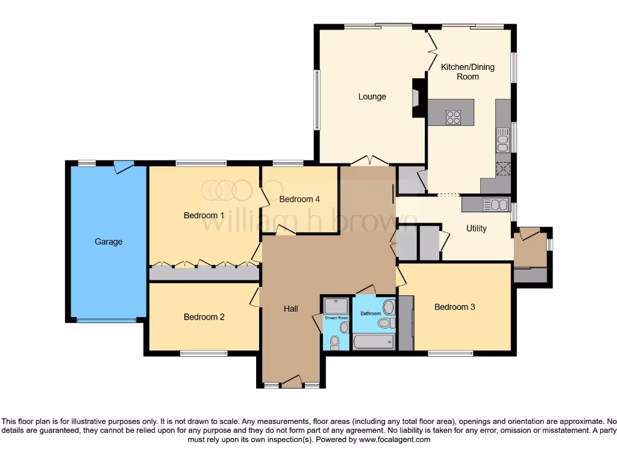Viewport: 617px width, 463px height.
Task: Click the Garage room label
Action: [108, 242]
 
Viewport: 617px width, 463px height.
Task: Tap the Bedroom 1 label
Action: [204, 215]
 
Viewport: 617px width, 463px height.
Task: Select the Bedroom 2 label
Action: [204, 317]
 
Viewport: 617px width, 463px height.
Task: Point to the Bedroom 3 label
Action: [455, 307]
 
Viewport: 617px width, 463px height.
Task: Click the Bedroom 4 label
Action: [299, 199]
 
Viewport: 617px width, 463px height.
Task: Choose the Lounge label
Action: [372, 96]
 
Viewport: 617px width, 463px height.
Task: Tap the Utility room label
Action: [476, 228]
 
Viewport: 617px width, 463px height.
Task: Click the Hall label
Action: [291, 309]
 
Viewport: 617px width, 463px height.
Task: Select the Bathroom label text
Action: [371, 313]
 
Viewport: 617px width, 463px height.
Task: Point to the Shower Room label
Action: [336, 318]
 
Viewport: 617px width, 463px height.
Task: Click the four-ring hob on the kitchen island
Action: [453, 118]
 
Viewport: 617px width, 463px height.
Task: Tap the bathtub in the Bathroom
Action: [374, 342]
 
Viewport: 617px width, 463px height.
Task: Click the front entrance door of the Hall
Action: [292, 381]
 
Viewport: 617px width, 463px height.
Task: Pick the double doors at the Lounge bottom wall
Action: [369, 160]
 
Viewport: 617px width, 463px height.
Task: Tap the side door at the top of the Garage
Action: [124, 166]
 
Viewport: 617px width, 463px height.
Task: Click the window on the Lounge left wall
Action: [316, 100]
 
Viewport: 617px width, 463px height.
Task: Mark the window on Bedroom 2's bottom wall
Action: [204, 354]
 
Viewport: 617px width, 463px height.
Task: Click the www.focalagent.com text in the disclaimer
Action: [395, 440]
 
